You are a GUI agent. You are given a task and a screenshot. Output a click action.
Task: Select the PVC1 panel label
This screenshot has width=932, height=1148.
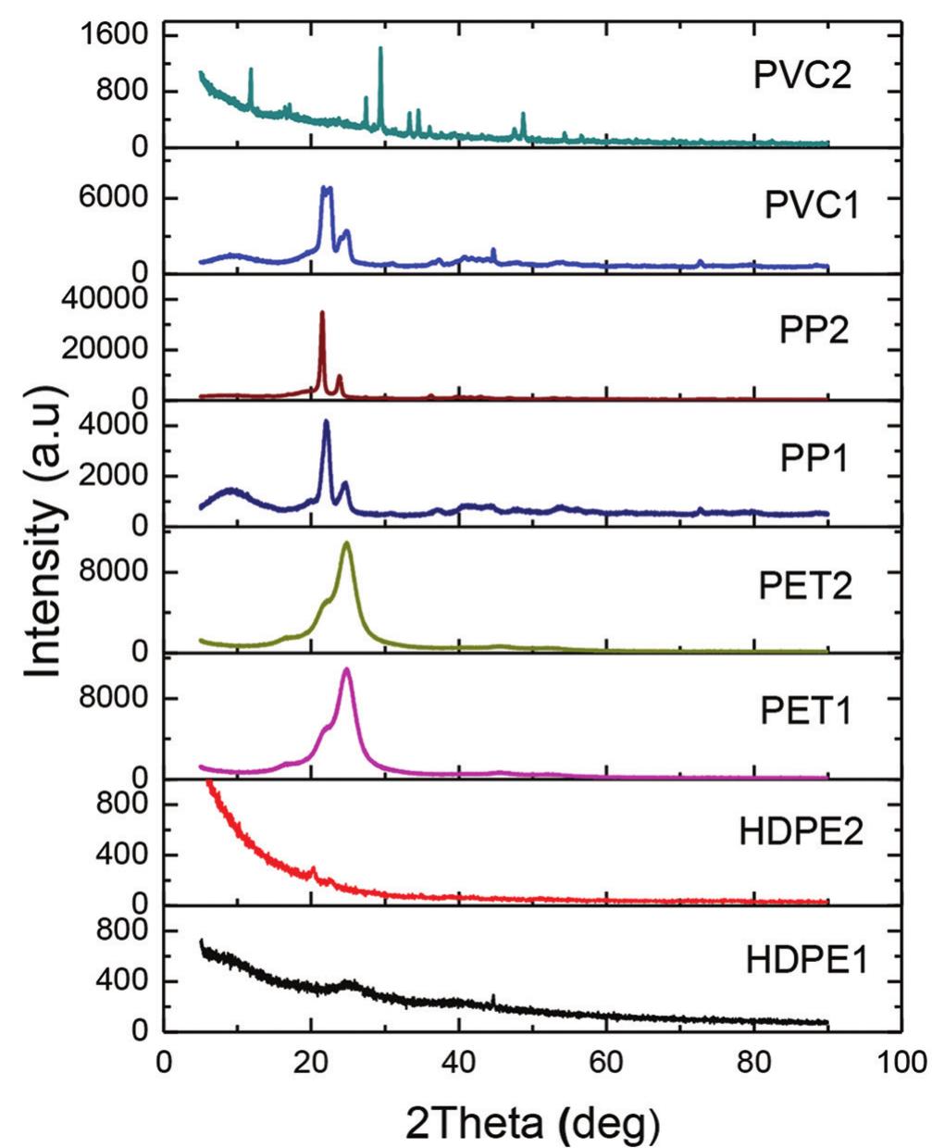(812, 206)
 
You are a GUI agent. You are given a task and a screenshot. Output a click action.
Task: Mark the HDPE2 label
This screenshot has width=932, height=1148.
(802, 831)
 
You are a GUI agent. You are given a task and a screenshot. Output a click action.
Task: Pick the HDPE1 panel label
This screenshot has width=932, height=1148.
(806, 959)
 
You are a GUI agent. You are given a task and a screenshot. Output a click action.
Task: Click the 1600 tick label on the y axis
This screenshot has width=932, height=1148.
(111, 35)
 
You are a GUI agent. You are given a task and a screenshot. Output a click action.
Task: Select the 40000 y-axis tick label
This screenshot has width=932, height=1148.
(102, 299)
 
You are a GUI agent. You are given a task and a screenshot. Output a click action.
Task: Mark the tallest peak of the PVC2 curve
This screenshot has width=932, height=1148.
(380, 48)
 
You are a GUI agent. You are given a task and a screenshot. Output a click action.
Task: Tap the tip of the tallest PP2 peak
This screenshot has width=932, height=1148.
(322, 313)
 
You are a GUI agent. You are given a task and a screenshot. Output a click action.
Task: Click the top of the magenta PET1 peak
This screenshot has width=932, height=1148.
(347, 669)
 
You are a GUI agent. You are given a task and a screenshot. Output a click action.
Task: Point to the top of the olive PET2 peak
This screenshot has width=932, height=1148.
(347, 543)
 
